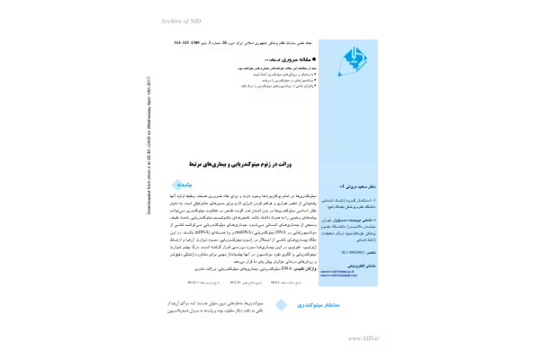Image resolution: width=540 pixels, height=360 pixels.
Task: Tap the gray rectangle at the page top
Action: [179, 21]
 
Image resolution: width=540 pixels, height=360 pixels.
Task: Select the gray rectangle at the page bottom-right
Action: [363, 338]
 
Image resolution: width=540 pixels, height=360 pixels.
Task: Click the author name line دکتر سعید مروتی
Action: [350, 183]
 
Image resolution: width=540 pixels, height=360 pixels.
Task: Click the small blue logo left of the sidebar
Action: [183, 186]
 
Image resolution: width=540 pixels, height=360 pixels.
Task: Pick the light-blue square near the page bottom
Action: [280, 304]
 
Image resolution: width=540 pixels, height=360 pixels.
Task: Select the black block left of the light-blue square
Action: [216, 305]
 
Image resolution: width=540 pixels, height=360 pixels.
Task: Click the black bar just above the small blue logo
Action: [240, 166]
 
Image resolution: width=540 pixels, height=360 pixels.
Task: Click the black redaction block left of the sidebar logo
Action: [245, 65]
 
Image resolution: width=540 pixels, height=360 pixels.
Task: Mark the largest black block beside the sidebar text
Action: [238, 229]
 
